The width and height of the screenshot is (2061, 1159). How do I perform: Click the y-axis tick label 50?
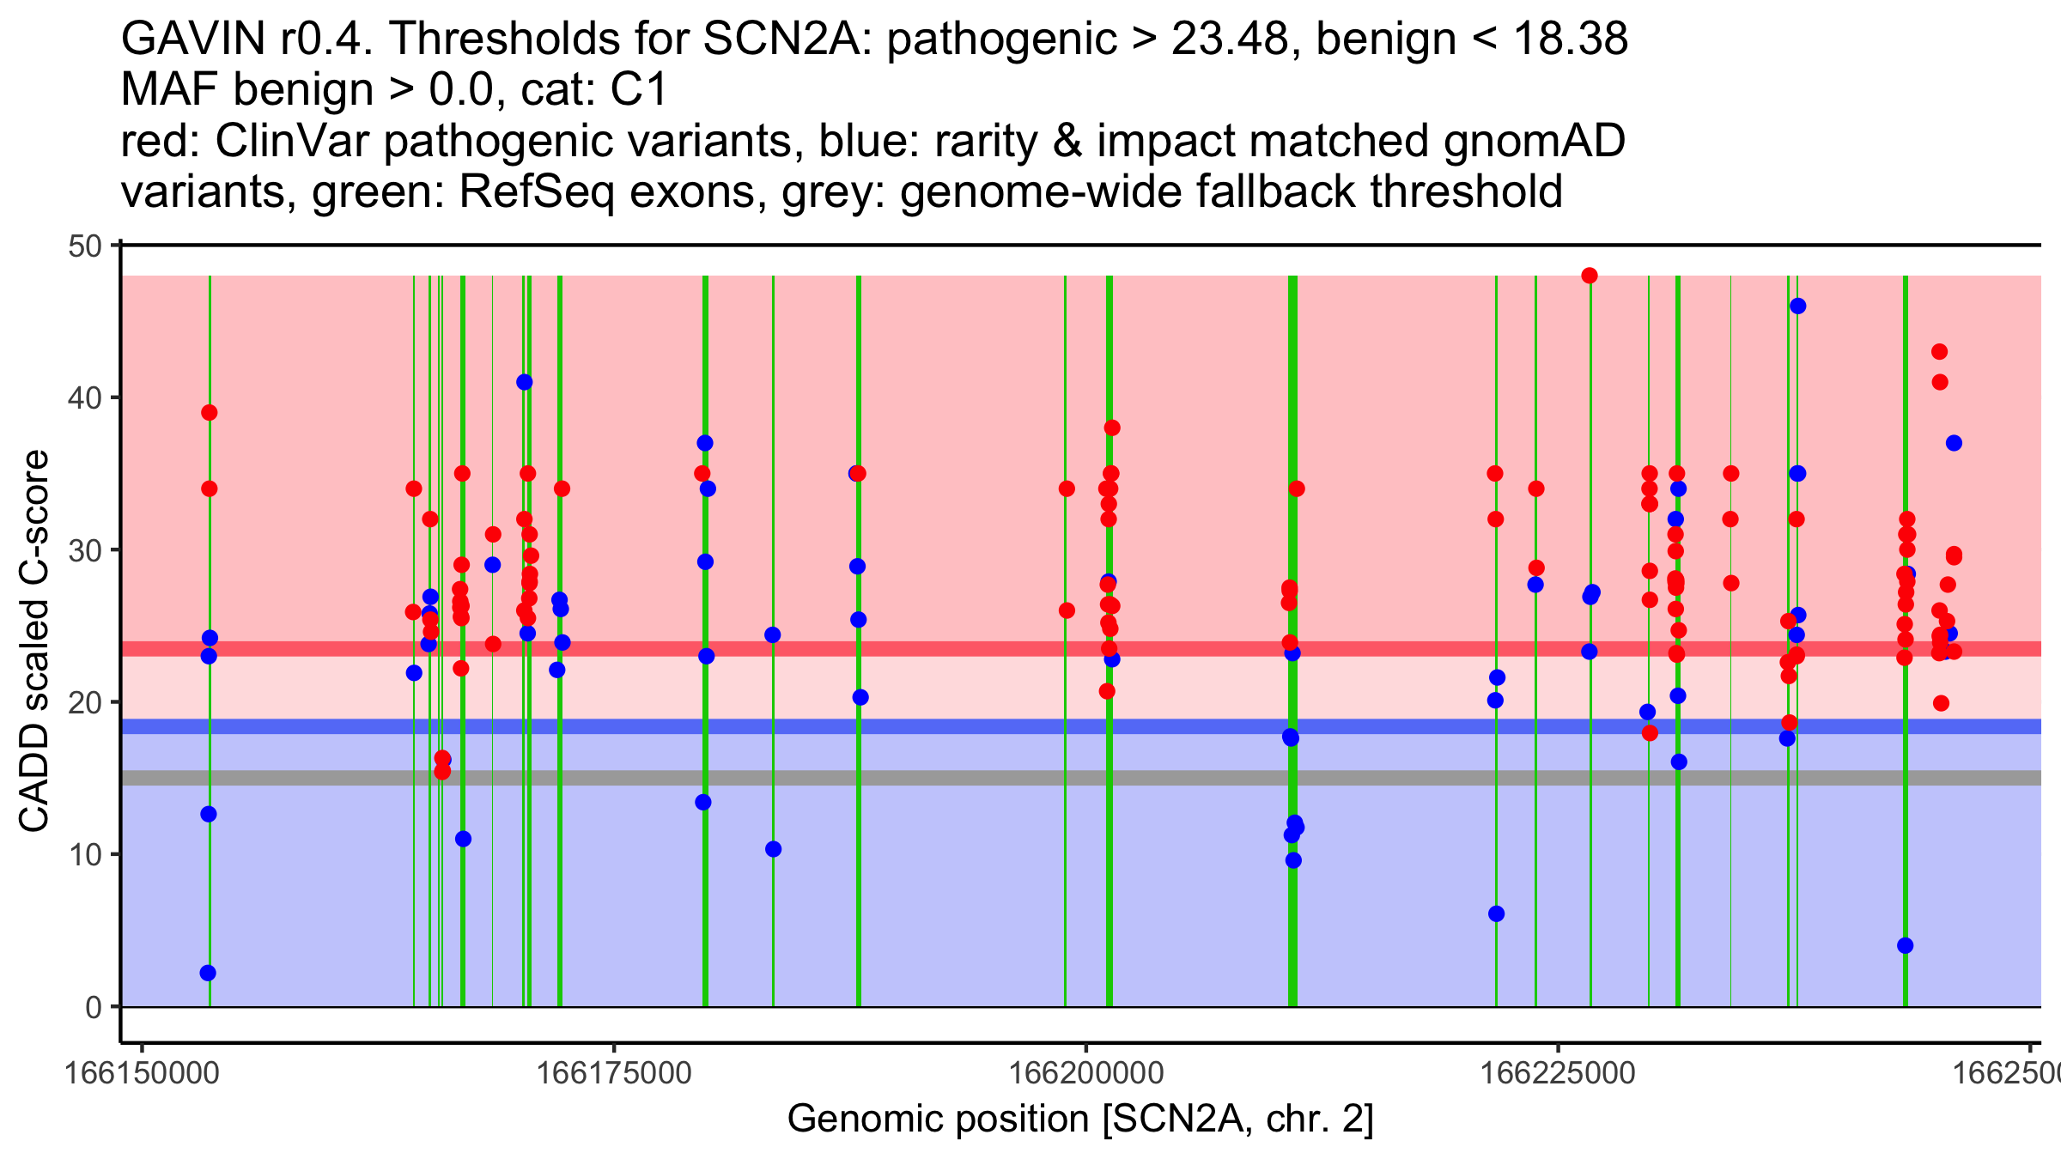click(x=84, y=246)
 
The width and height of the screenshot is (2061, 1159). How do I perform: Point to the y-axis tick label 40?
click(x=84, y=398)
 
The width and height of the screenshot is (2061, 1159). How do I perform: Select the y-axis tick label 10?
click(x=84, y=855)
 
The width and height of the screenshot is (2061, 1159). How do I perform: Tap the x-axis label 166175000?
click(x=613, y=1073)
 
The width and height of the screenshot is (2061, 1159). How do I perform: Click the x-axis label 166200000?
click(x=1085, y=1073)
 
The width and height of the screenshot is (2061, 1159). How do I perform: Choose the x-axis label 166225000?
click(x=1558, y=1073)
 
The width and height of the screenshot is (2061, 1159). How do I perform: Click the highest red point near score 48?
click(x=1590, y=276)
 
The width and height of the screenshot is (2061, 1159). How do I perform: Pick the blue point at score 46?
click(x=1797, y=306)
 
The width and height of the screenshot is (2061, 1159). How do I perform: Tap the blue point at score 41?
click(x=525, y=382)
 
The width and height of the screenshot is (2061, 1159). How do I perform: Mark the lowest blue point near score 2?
click(x=208, y=973)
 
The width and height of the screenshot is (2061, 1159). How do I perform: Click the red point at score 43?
click(x=1939, y=352)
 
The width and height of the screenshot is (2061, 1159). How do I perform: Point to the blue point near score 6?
click(x=1496, y=913)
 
